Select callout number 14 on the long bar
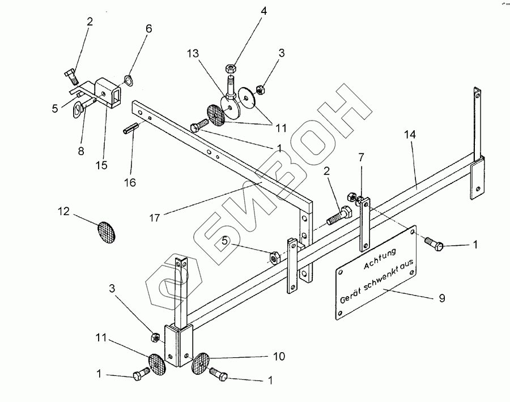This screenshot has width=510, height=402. (x=411, y=135)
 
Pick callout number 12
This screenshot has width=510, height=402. (x=63, y=212)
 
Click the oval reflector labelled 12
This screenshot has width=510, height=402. (x=107, y=231)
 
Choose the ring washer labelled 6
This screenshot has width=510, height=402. (x=129, y=81)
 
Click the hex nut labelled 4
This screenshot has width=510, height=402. (x=232, y=67)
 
